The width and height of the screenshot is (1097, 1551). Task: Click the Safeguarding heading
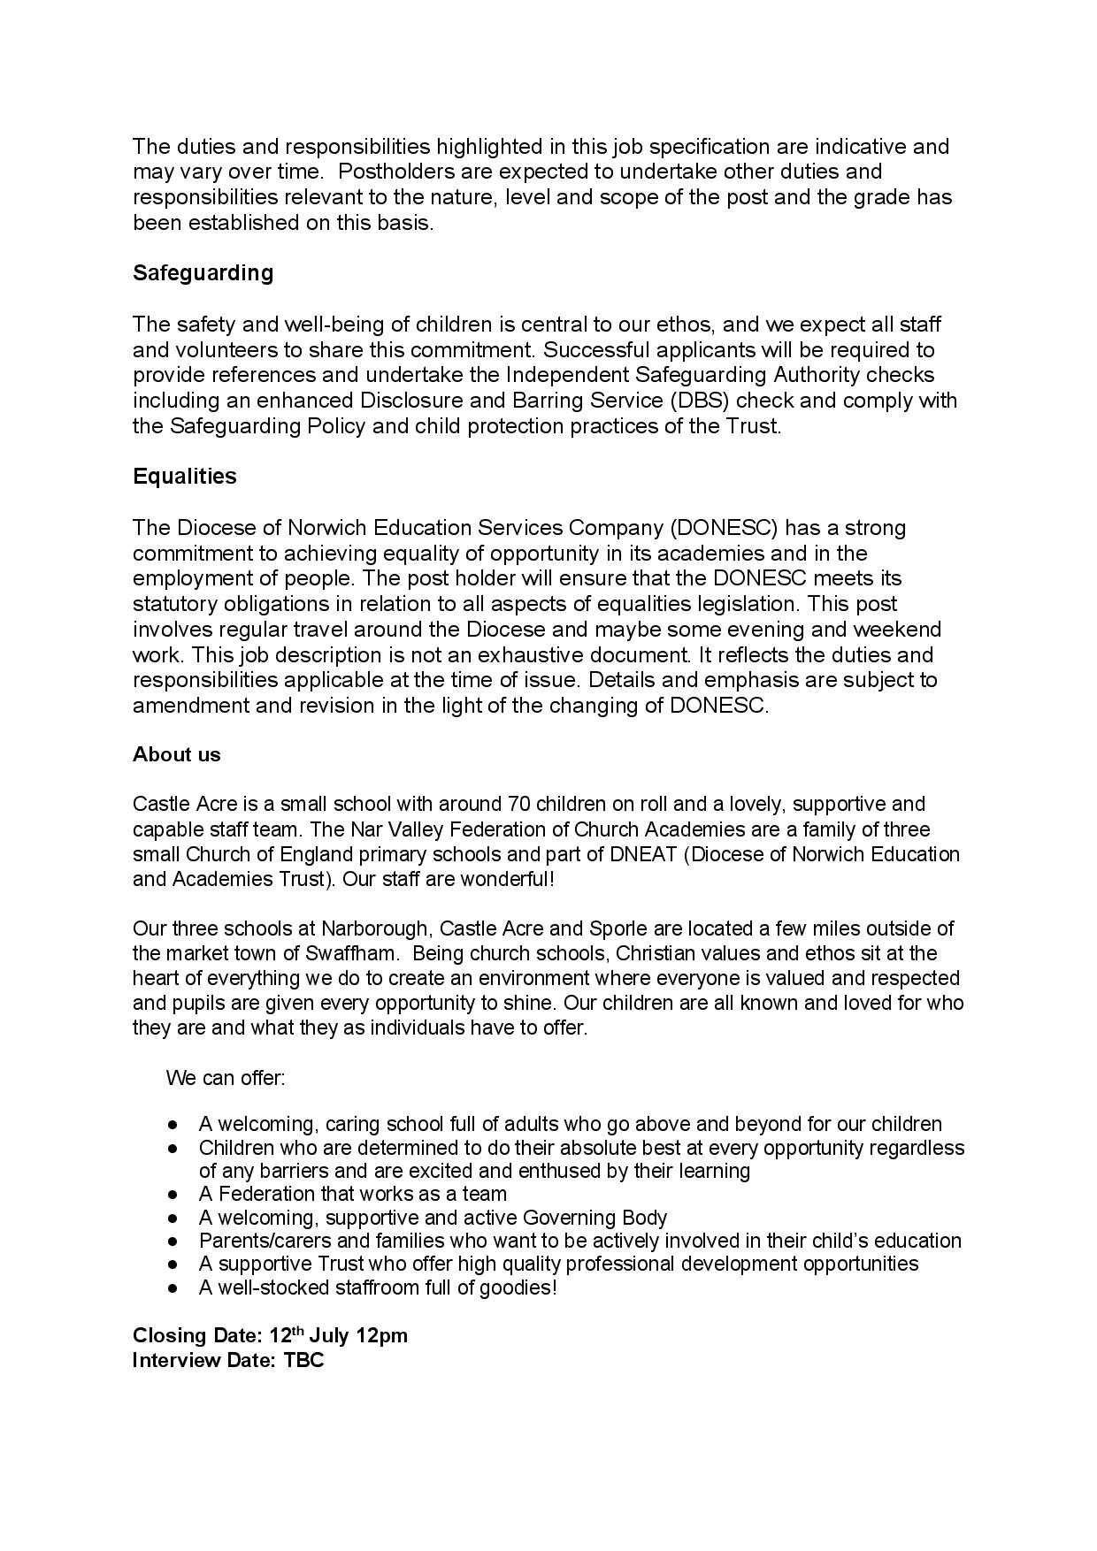pyautogui.click(x=203, y=273)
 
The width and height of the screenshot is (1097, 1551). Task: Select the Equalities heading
pyautogui.click(x=185, y=477)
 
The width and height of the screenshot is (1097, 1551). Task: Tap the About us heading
pyautogui.click(x=177, y=754)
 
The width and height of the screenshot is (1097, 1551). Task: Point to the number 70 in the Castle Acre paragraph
pyautogui.click(x=518, y=805)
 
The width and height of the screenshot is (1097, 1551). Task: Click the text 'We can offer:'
pyautogui.click(x=226, y=1079)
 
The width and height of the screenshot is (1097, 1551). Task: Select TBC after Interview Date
pyautogui.click(x=303, y=1360)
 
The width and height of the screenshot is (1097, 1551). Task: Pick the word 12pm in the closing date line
pyautogui.click(x=382, y=1336)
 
